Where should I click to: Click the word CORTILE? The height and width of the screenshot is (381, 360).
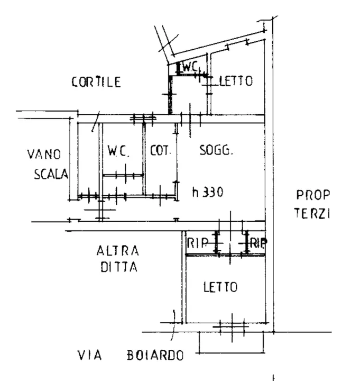click(96, 82)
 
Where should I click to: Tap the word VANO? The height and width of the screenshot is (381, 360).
click(44, 155)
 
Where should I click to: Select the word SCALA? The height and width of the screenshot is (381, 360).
click(51, 174)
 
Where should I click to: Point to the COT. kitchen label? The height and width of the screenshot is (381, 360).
click(160, 150)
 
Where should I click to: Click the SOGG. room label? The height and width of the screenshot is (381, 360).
click(216, 150)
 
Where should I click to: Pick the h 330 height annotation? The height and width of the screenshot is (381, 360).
click(208, 192)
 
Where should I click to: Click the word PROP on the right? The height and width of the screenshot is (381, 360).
click(313, 195)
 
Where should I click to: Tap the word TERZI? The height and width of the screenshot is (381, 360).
click(312, 214)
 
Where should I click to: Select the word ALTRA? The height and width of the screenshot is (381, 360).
click(118, 250)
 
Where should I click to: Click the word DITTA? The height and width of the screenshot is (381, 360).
click(119, 267)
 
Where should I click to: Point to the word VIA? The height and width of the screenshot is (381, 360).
click(89, 355)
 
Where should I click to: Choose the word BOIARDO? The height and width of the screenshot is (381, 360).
click(155, 355)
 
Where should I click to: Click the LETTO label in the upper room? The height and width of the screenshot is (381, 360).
click(236, 81)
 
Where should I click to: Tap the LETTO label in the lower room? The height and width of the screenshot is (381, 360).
click(220, 287)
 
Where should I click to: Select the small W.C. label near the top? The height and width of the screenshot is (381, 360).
click(191, 67)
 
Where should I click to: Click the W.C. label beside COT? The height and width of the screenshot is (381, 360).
click(118, 151)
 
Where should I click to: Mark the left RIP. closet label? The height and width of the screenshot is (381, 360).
click(198, 243)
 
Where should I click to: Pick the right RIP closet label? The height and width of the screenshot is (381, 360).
click(259, 243)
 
